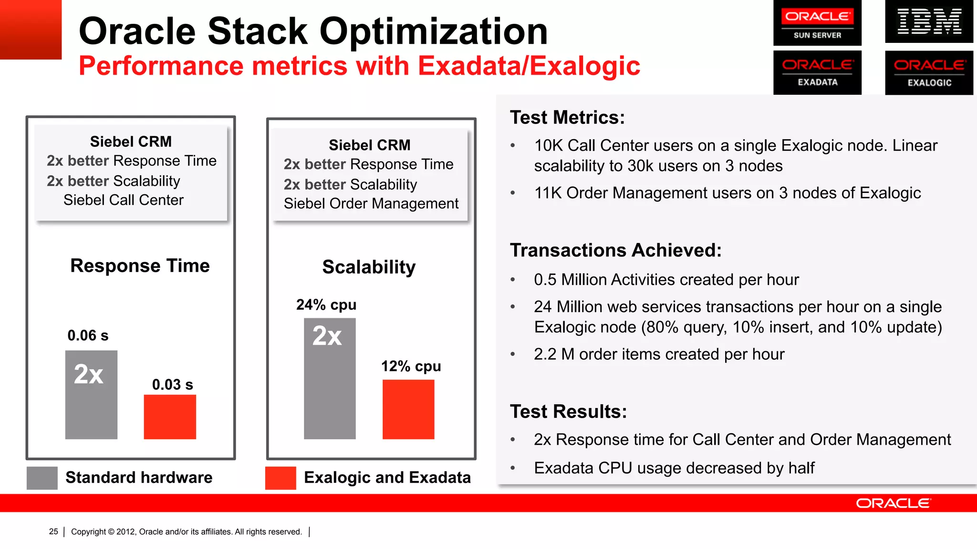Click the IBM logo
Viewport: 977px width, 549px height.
point(929,21)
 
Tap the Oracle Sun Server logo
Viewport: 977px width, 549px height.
point(817,23)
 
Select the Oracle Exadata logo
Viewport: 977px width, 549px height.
point(817,72)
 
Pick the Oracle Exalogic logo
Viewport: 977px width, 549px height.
point(929,72)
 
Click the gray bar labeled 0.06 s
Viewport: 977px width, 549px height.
point(91,395)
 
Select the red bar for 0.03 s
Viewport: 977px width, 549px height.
point(170,417)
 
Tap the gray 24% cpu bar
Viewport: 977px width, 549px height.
point(330,378)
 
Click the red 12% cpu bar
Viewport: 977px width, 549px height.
point(408,409)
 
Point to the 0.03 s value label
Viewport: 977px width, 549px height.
point(172,385)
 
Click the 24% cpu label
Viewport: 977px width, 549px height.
point(326,305)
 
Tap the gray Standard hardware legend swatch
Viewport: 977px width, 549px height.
point(42,478)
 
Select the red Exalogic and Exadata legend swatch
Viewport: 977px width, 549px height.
point(281,478)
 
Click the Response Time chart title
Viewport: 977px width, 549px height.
point(140,265)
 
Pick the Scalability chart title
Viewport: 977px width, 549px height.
point(369,267)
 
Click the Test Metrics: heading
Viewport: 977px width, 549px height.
point(567,117)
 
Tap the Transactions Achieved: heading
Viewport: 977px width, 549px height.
point(616,250)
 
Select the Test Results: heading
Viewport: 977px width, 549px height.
point(568,411)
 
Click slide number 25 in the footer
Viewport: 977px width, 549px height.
point(53,531)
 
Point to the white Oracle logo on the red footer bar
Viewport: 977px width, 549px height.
point(893,503)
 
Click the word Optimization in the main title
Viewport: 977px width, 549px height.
point(433,31)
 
